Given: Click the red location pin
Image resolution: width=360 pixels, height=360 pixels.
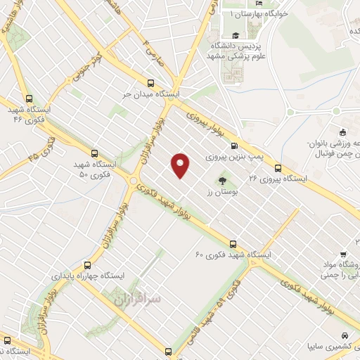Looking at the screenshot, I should point(181,165).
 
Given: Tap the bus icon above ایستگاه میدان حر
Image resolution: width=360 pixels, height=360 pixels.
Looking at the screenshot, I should point(150,82).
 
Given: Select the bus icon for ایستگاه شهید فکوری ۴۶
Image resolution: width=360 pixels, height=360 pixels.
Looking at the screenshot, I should point(28,99).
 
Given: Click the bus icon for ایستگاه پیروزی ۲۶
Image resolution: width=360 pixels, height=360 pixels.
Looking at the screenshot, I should point(278,168).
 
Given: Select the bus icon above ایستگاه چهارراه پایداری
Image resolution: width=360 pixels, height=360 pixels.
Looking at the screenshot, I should point(87,265).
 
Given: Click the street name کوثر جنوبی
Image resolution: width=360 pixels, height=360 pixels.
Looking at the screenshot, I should point(86,64).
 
